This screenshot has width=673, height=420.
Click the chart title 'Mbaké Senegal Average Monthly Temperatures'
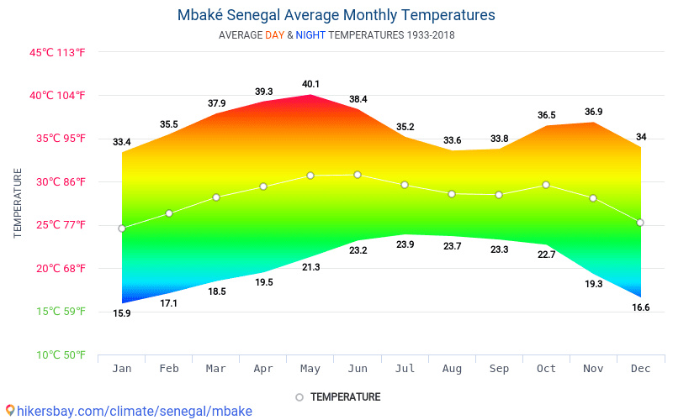click(x=336, y=15)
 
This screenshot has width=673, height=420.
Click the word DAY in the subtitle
click(x=274, y=35)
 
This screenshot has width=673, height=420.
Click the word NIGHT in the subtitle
click(x=310, y=35)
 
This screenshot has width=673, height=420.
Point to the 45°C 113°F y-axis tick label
click(x=57, y=52)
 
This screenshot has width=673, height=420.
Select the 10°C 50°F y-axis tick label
click(x=57, y=354)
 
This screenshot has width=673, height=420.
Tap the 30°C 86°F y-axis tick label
click(x=57, y=181)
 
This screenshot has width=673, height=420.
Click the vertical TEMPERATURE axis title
click(x=18, y=202)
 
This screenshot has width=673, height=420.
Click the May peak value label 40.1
click(x=310, y=84)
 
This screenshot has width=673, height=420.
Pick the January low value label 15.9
click(x=122, y=313)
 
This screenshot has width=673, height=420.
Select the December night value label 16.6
click(x=640, y=307)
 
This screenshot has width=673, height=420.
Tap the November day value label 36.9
click(x=593, y=112)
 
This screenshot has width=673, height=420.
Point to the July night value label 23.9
click(x=405, y=244)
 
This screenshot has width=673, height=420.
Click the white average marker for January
click(x=122, y=228)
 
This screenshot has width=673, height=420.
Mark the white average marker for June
click(x=358, y=175)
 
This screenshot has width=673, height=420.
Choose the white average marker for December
click(x=640, y=223)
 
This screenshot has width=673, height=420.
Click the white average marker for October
click(x=546, y=185)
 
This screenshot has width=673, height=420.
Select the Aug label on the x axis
click(x=452, y=369)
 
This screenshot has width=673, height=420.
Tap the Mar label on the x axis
click(x=216, y=369)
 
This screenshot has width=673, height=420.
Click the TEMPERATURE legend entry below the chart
click(x=345, y=396)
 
